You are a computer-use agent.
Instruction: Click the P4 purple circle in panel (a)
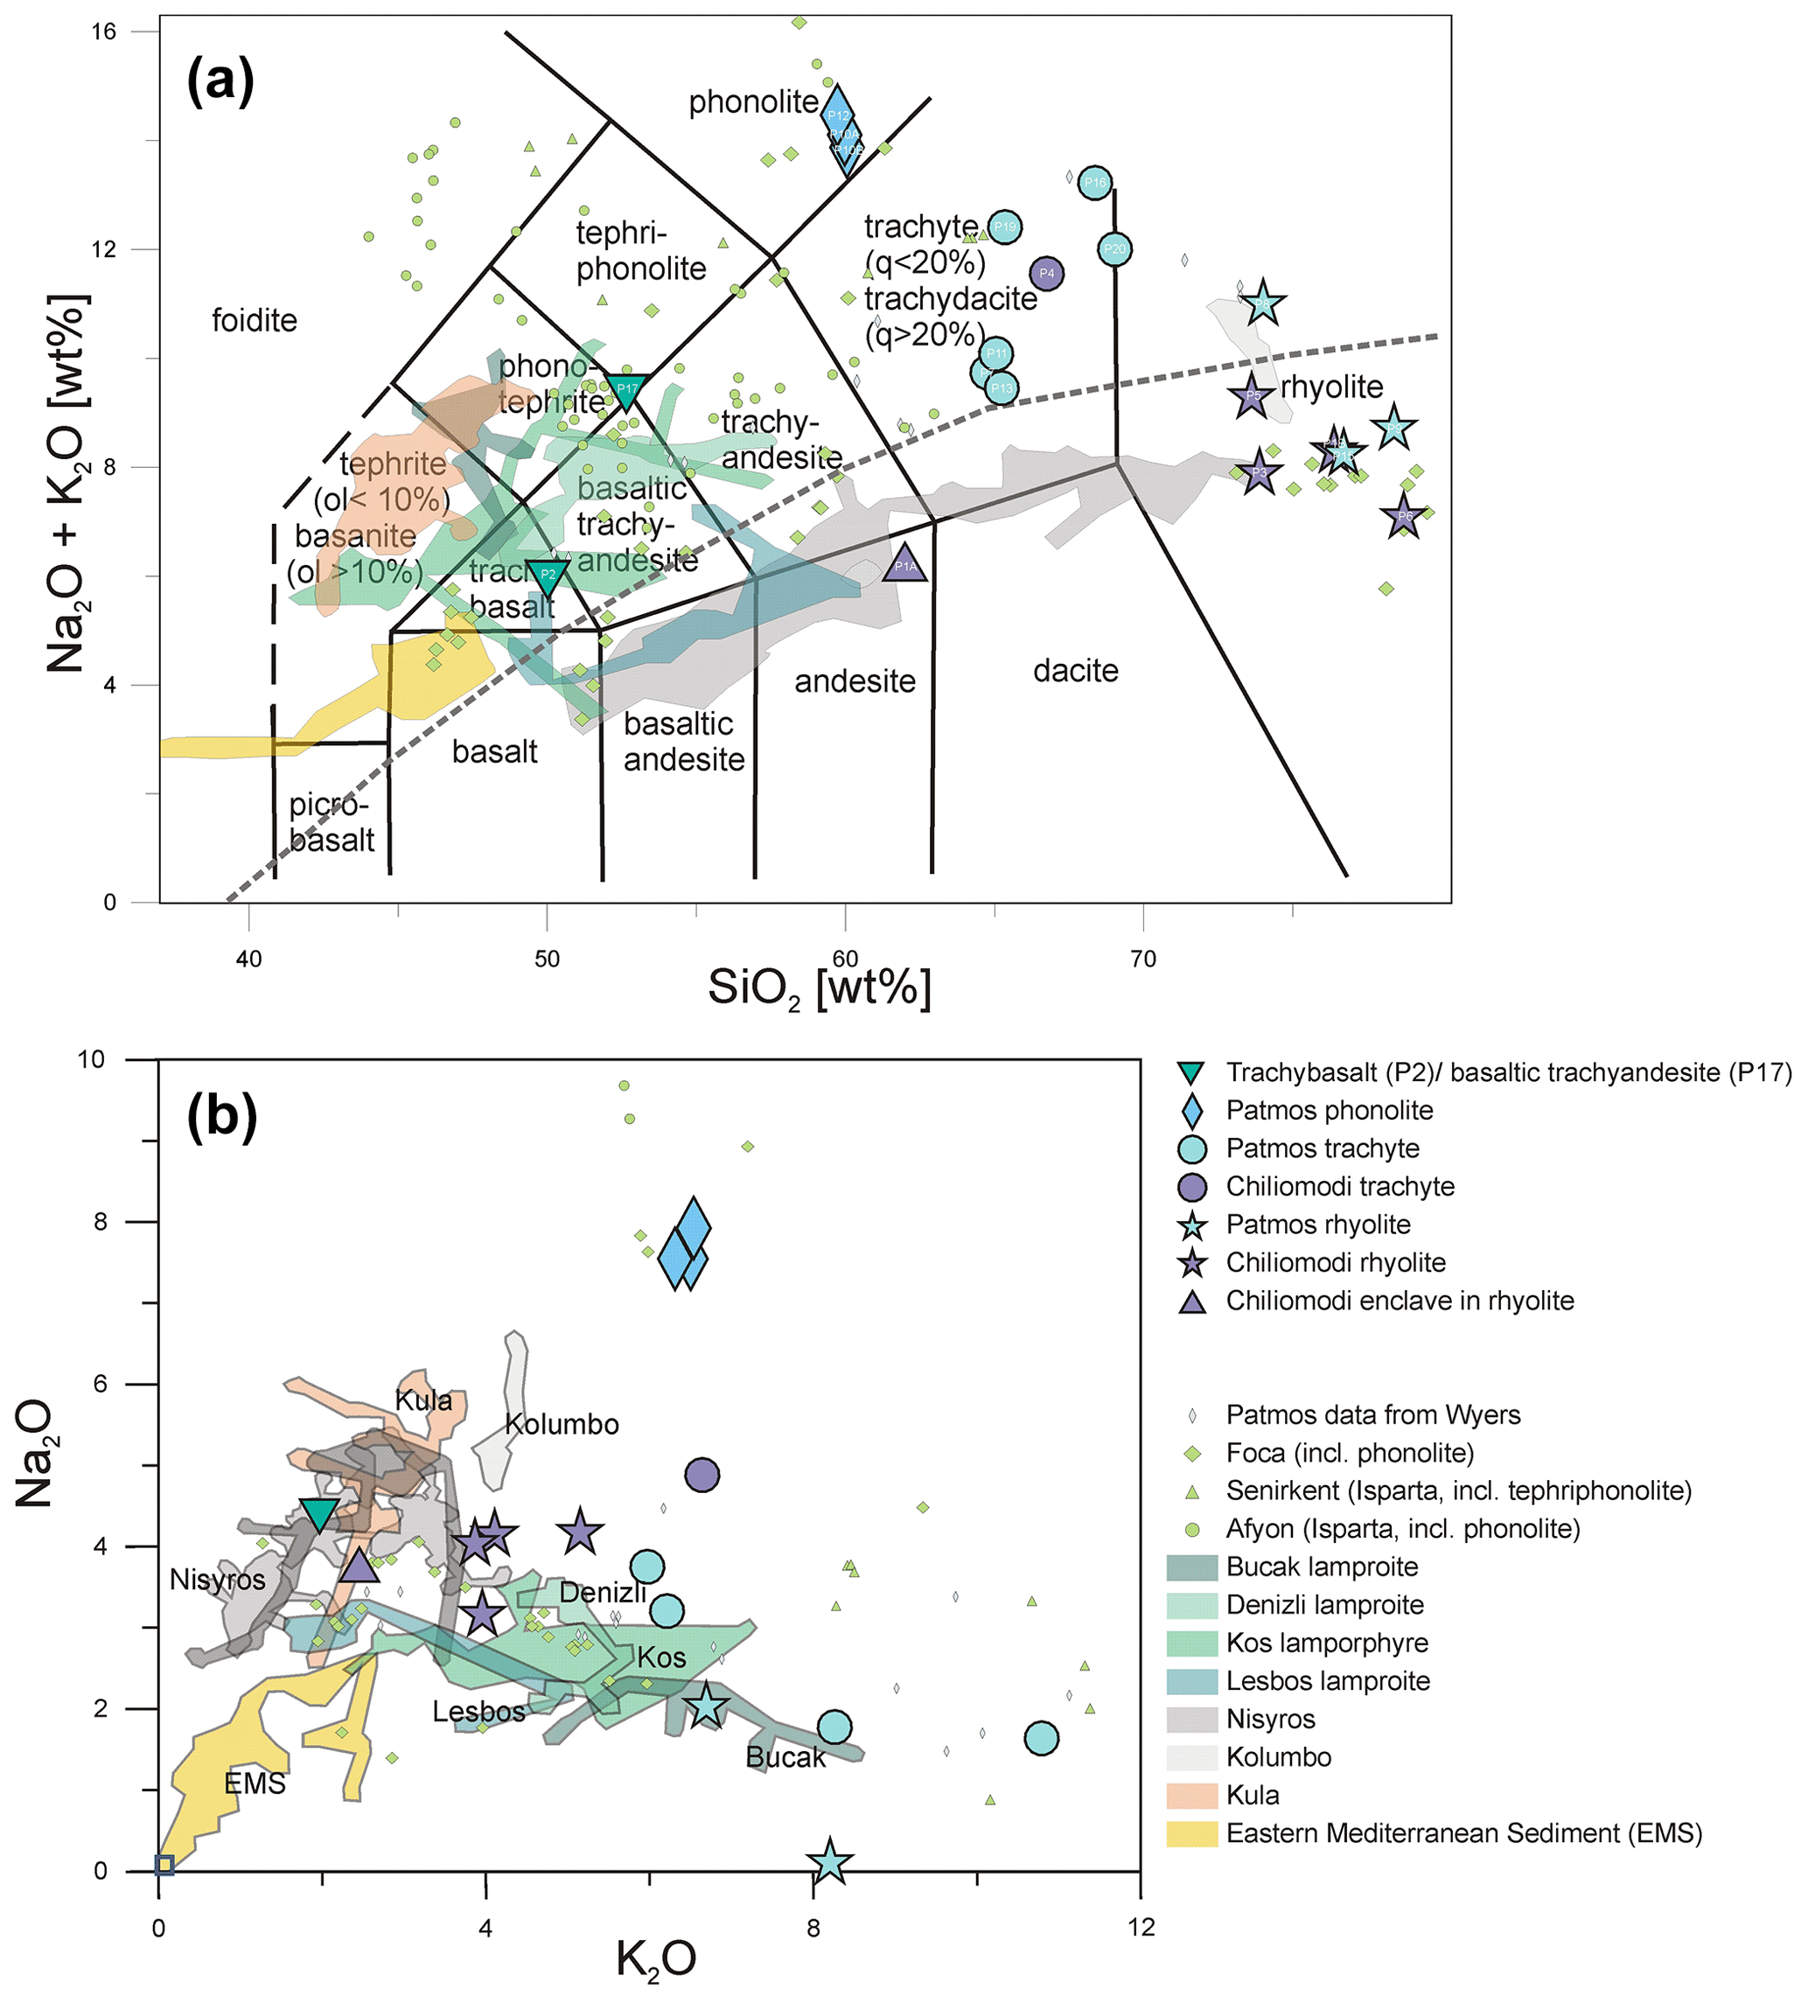pyautogui.click(x=1046, y=273)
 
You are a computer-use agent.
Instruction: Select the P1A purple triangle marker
pyautogui.click(x=905, y=564)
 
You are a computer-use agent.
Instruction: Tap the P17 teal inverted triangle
pyautogui.click(x=627, y=389)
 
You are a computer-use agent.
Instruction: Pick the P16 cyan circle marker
pyautogui.click(x=1093, y=182)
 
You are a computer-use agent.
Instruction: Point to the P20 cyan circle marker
pyautogui.click(x=1114, y=249)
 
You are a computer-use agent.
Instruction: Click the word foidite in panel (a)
pyautogui.click(x=255, y=321)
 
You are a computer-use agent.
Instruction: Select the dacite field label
pyautogui.click(x=1076, y=672)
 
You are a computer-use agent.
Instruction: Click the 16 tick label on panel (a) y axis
pyautogui.click(x=103, y=31)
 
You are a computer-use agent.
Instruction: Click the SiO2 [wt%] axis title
pyautogui.click(x=820, y=989)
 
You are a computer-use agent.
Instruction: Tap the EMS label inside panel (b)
pyautogui.click(x=255, y=1784)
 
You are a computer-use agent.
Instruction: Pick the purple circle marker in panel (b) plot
pyautogui.click(x=702, y=1476)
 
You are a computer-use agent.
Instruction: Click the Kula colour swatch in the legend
pyautogui.click(x=1192, y=1796)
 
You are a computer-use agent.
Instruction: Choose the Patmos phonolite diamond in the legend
pyautogui.click(x=1192, y=1111)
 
